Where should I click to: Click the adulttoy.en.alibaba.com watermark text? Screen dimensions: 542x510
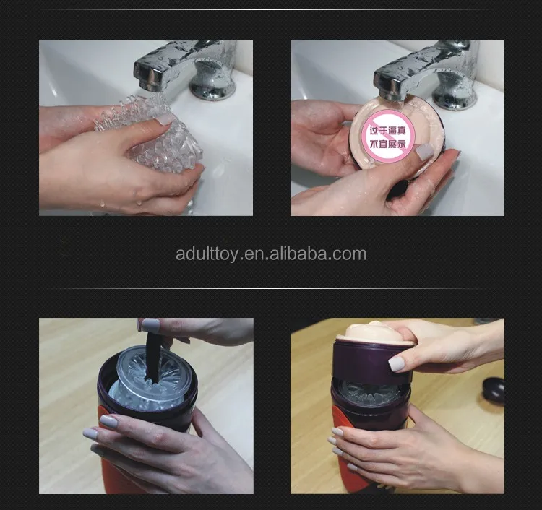tap(271, 254)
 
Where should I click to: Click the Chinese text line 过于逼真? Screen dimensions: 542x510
tap(387, 131)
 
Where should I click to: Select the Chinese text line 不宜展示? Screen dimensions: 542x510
tap(387, 144)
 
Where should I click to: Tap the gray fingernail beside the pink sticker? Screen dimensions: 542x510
tap(424, 152)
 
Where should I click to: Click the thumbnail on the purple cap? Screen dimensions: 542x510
tap(396, 364)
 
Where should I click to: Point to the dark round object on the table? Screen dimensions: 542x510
tap(494, 389)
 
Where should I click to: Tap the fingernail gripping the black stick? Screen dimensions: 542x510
tap(150, 326)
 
